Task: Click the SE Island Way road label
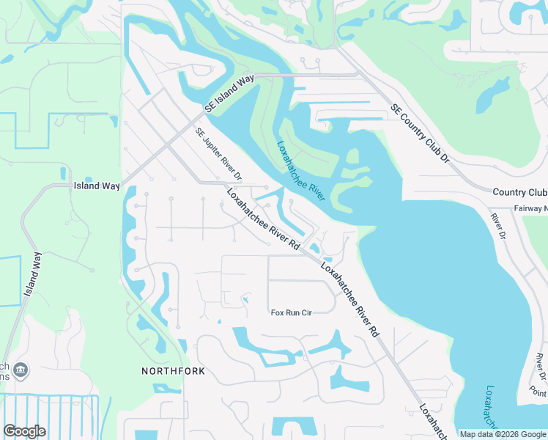[229, 92]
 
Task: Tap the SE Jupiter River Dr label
[218, 154]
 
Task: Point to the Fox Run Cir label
[292, 312]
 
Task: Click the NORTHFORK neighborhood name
[173, 371]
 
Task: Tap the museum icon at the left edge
[21, 369]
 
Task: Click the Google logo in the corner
[24, 431]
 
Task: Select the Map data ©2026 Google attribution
[503, 434]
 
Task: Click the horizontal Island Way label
[97, 186]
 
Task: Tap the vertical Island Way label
[32, 274]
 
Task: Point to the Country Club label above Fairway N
[519, 192]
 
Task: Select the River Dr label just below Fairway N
[498, 227]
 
